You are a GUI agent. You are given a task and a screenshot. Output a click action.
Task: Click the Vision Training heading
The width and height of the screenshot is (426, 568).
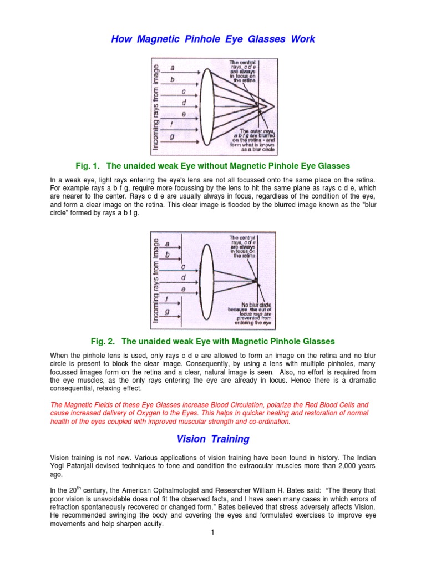coord(213,439)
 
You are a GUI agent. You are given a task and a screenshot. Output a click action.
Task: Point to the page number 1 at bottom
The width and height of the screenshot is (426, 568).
coord(212,532)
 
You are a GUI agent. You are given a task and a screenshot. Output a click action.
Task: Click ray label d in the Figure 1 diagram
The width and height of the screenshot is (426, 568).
coord(184,103)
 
